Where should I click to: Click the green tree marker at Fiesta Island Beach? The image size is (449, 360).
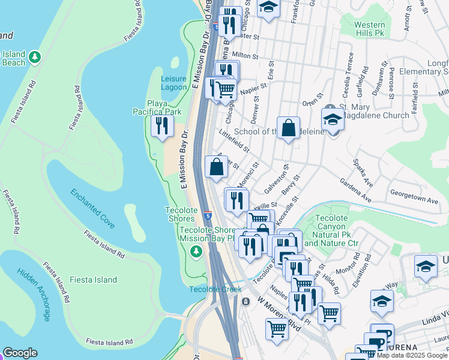pyautogui.click(x=35, y=57)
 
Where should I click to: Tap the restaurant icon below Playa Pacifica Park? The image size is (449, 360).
pyautogui.click(x=162, y=126)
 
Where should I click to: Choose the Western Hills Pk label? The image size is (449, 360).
pyautogui.click(x=369, y=29)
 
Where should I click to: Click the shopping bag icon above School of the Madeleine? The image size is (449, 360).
pyautogui.click(x=288, y=128)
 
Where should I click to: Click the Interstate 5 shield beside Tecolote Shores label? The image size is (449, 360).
pyautogui.click(x=206, y=215)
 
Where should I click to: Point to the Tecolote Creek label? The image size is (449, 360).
pyautogui.click(x=215, y=289)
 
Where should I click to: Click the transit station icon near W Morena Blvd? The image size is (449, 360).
pyautogui.click(x=246, y=302)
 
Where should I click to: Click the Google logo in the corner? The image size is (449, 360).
pyautogui.click(x=20, y=353)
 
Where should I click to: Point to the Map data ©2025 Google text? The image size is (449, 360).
pyautogui.click(x=412, y=355)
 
